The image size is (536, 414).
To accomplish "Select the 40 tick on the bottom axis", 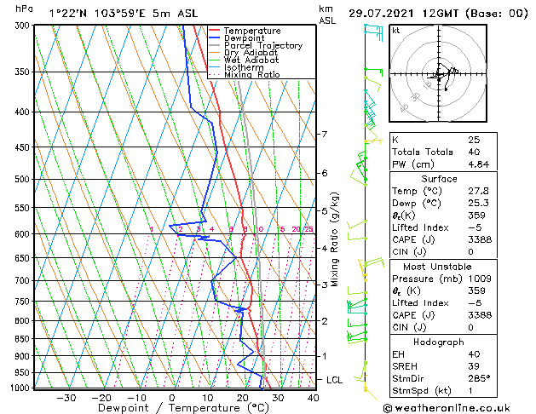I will [x=313, y=397].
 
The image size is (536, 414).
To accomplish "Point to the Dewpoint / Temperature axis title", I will [x=171, y=408].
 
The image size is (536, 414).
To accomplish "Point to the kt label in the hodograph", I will [x=396, y=30].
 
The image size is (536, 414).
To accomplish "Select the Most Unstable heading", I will [x=439, y=266].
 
